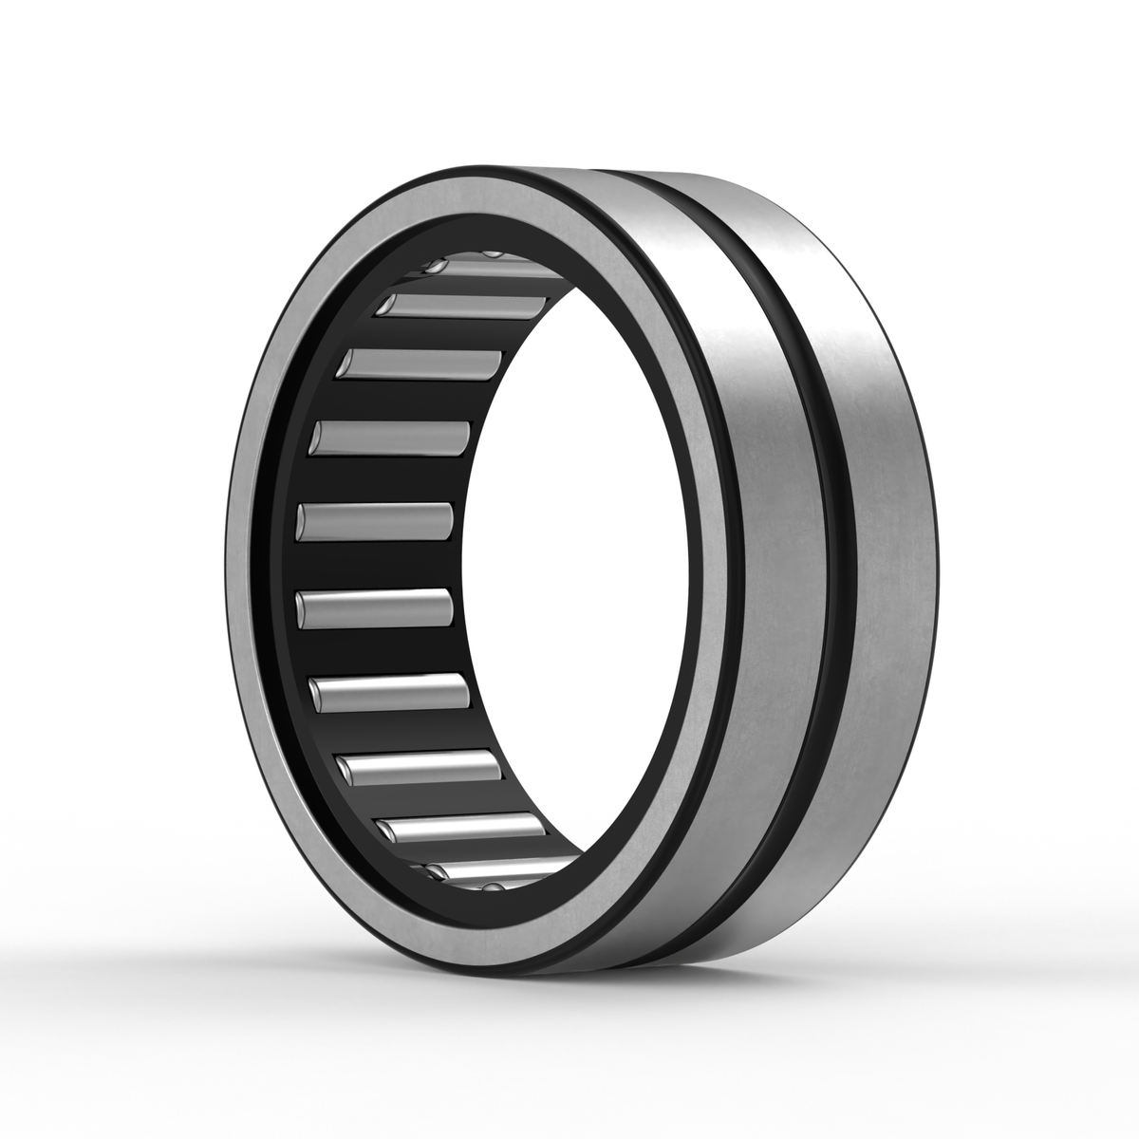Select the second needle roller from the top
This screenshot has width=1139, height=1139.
(465, 307)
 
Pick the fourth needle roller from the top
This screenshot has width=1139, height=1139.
(391, 437)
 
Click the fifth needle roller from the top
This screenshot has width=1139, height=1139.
(375, 520)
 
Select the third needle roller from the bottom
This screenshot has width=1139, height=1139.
(418, 765)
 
